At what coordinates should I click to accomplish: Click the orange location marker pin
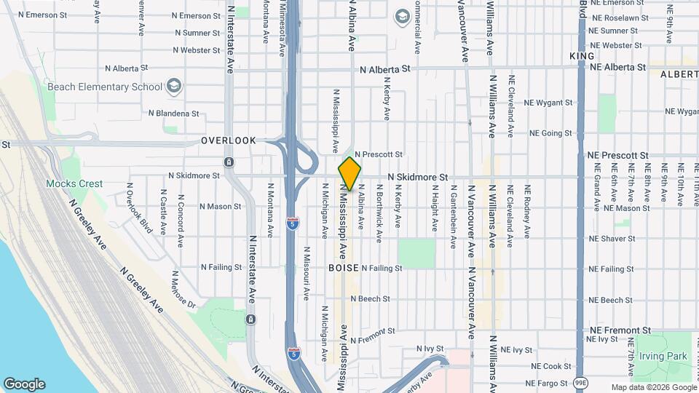pos(349,174)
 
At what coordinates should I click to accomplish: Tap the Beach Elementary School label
pos(105,87)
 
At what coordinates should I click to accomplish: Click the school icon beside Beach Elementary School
pos(174,87)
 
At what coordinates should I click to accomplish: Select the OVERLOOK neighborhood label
pos(229,140)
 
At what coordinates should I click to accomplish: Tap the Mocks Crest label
pos(74,184)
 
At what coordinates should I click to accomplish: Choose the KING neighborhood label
pos(582,56)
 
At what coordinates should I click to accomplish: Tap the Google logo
pos(24,384)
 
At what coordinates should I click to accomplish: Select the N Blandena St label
pos(173,114)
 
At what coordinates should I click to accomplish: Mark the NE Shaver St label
pos(612,239)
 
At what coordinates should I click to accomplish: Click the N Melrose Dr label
pos(182,289)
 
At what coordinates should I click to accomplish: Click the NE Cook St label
pos(552,366)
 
